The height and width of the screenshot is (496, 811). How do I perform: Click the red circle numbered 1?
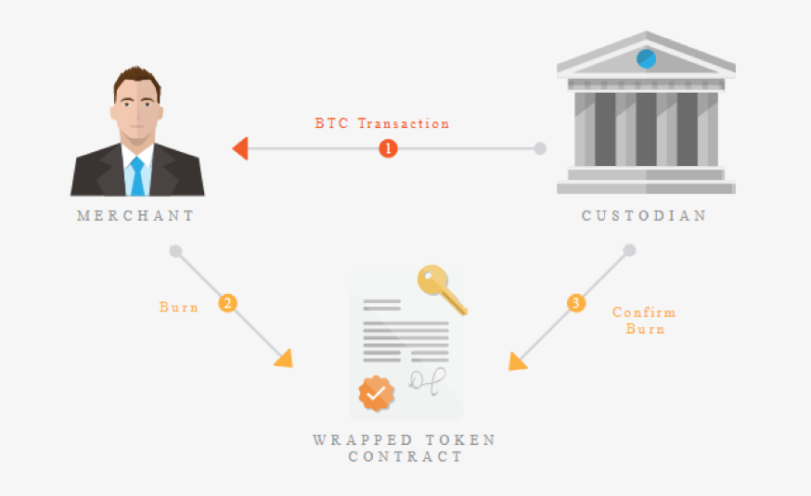(388, 148)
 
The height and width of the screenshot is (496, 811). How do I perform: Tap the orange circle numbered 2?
(227, 303)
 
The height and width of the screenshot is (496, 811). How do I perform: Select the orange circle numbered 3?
(576, 303)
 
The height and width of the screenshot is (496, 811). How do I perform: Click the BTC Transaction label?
(381, 123)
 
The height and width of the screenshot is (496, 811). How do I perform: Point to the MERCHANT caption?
(135, 215)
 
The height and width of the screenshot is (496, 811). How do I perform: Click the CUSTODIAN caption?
(644, 215)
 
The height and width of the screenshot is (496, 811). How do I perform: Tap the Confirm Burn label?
(645, 321)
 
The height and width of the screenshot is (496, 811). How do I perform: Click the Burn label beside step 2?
(178, 307)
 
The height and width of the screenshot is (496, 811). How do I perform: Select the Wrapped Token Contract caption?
(405, 448)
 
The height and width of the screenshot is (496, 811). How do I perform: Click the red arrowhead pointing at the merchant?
(240, 148)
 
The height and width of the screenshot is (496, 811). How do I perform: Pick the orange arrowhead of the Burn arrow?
(285, 359)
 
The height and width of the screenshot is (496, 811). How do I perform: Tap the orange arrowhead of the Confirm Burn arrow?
(517, 362)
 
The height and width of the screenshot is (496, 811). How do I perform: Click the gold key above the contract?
(441, 288)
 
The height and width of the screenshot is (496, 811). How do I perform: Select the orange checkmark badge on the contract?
(377, 394)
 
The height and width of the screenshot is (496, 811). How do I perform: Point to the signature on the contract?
(427, 381)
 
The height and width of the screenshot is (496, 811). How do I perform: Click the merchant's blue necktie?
(137, 177)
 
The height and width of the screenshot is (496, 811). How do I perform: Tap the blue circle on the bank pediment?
(646, 59)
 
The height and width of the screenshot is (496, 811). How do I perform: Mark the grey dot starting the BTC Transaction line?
(540, 148)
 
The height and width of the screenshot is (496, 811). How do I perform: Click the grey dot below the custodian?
(629, 250)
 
